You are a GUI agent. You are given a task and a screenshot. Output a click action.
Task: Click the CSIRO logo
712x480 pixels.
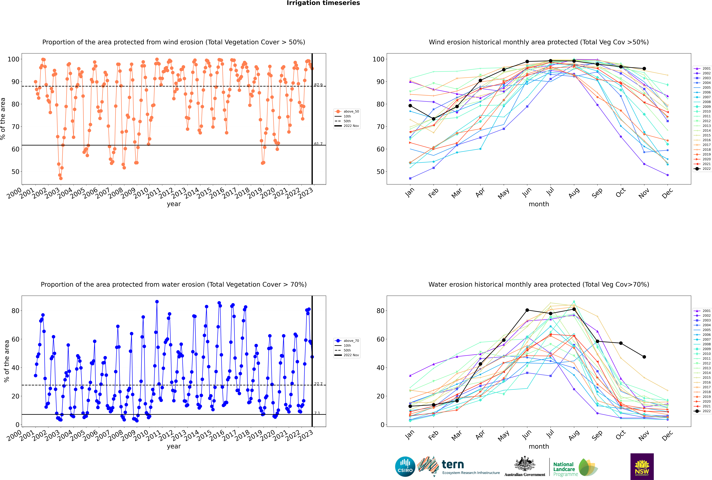click(405, 467)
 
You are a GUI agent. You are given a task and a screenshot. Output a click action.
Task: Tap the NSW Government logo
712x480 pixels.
click(642, 466)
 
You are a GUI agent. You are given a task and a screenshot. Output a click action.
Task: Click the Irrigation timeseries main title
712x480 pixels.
click(323, 3)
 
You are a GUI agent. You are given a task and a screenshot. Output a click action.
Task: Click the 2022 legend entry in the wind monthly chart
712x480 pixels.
click(703, 169)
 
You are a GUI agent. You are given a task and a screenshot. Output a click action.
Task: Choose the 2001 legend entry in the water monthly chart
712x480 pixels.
click(703, 311)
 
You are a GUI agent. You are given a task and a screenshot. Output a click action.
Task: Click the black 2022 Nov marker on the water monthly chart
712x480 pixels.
click(644, 357)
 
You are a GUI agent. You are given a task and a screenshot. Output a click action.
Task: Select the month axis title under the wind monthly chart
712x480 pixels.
click(539, 204)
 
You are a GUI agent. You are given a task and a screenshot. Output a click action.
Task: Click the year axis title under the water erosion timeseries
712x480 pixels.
click(174, 446)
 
